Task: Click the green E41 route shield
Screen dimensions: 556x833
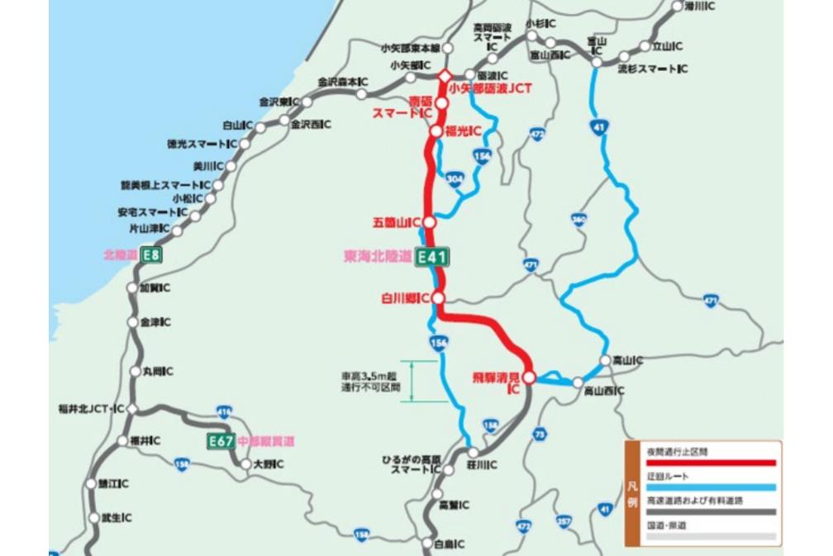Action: pyautogui.click(x=431, y=257)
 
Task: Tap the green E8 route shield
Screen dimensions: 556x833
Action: pyautogui.click(x=150, y=255)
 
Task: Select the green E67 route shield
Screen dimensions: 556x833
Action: pyautogui.click(x=221, y=441)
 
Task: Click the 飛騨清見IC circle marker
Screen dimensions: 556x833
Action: pyautogui.click(x=530, y=378)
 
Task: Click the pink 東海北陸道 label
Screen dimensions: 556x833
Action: pyautogui.click(x=377, y=257)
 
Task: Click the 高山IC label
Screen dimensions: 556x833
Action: pyautogui.click(x=628, y=360)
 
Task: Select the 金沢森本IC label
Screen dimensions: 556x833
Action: pyautogui.click(x=343, y=82)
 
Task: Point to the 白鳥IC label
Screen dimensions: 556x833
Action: pyautogui.click(x=449, y=544)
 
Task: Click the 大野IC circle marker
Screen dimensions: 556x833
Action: pyautogui.click(x=245, y=464)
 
